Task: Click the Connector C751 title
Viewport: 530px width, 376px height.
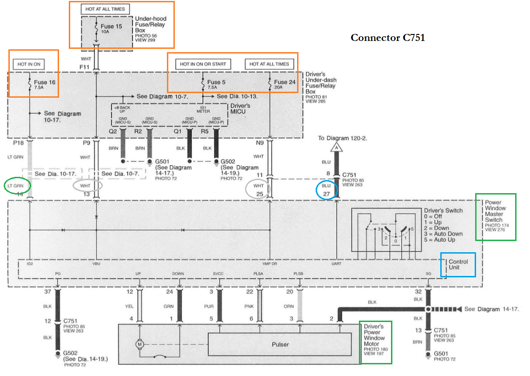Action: pyautogui.click(x=387, y=38)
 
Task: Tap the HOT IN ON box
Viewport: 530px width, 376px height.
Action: pyautogui.click(x=29, y=64)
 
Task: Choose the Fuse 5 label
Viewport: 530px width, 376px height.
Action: pyautogui.click(x=217, y=82)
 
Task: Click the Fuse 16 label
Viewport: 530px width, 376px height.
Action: pyautogui.click(x=45, y=82)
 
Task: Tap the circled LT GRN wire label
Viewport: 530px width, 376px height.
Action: pyautogui.click(x=17, y=186)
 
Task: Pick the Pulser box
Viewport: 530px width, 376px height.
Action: pyautogui.click(x=280, y=344)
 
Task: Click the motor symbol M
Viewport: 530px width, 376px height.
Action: pyautogui.click(x=138, y=345)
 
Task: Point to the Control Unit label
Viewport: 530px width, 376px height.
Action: pyautogui.click(x=458, y=265)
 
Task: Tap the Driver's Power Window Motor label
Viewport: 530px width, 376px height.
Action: pyautogui.click(x=375, y=338)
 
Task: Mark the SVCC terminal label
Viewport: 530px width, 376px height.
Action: pyautogui.click(x=219, y=273)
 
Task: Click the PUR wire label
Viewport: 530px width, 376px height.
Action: pyautogui.click(x=219, y=306)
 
